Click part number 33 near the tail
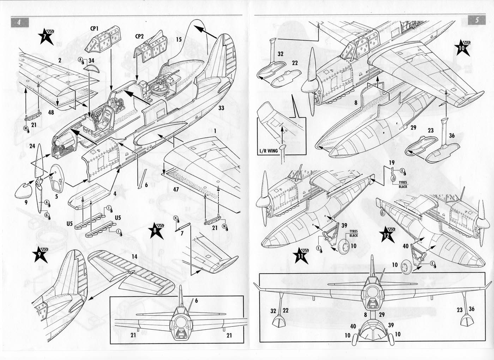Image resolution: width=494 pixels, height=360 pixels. [x=221, y=107]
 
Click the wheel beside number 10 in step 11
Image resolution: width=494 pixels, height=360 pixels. [x=344, y=245]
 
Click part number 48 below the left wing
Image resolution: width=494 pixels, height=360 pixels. [x=52, y=112]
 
